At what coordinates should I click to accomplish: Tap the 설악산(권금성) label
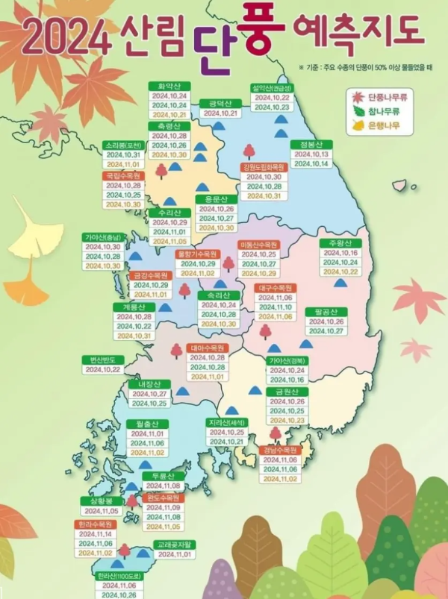(272, 87)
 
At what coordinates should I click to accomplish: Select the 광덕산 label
(220, 103)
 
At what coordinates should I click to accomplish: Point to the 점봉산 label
(311, 144)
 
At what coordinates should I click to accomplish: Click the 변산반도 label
(102, 360)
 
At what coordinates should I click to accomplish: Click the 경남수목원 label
(279, 451)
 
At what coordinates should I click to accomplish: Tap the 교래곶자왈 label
(175, 545)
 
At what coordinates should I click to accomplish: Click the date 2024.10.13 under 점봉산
(311, 154)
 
